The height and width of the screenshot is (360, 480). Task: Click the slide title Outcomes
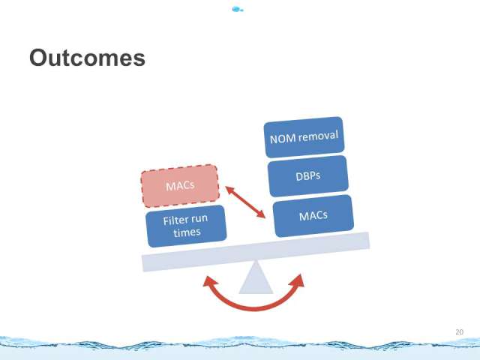tap(87, 58)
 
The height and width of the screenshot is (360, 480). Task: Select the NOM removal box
tap(304, 137)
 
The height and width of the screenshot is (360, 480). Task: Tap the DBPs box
tap(308, 176)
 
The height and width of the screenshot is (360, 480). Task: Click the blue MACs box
tap(313, 216)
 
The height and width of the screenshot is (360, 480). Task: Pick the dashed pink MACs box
tap(180, 186)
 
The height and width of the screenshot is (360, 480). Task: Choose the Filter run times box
tap(186, 226)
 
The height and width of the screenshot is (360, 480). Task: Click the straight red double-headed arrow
tap(245, 202)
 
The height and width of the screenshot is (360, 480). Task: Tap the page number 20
tap(460, 331)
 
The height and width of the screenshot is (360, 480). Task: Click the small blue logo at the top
tap(238, 10)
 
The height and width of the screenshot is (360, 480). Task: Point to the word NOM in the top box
tap(283, 139)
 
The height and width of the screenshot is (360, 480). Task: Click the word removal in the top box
tap(318, 136)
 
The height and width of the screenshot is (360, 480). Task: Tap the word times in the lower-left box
tap(187, 232)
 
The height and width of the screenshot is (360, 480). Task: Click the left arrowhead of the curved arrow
tap(209, 281)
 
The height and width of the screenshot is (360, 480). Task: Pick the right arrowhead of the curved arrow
tap(298, 280)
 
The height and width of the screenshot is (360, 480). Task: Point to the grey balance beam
tap(256, 252)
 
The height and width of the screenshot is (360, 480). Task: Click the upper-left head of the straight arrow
tap(229, 189)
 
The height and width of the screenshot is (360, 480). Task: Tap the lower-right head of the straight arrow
tap(262, 215)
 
